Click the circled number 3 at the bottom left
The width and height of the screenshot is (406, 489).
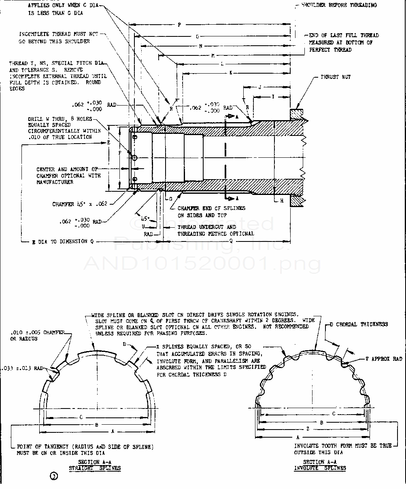tap(53, 476)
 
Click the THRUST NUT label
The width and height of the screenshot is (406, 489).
tap(336, 77)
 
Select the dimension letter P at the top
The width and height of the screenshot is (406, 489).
tap(179, 25)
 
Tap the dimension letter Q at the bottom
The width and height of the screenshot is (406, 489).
tap(230, 241)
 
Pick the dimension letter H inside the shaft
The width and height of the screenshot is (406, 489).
tap(282, 201)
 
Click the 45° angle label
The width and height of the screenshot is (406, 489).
tap(145, 219)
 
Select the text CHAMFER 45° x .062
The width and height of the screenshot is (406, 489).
tap(80, 204)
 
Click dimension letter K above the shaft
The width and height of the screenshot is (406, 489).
tap(230, 73)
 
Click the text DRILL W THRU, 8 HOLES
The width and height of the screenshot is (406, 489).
tap(60, 119)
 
